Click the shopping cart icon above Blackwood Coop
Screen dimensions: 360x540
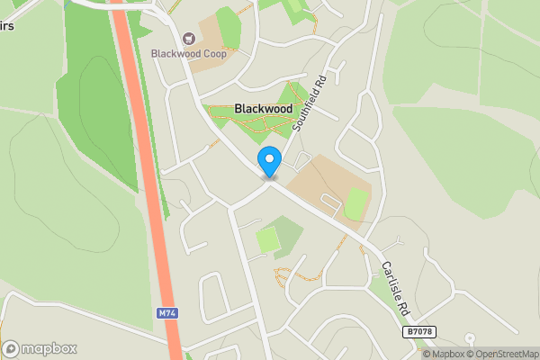[x=189, y=39]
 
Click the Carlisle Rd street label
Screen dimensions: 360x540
[x=394, y=285]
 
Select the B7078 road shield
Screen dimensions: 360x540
[x=418, y=332]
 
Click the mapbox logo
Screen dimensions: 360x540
[x=40, y=348]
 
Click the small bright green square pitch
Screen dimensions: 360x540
[x=267, y=240]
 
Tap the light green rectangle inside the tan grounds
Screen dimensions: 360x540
[x=357, y=203]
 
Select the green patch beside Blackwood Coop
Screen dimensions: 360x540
[x=229, y=27]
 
